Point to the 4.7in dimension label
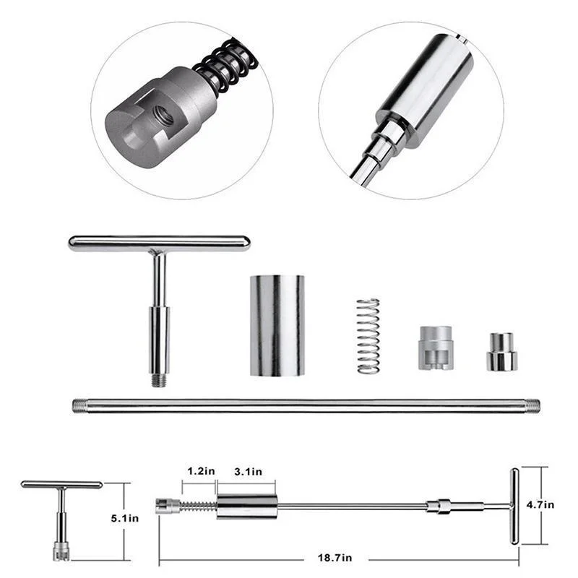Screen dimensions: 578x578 pyautogui.click(x=540, y=504)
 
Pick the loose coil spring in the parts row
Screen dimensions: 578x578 pyautogui.click(x=368, y=336)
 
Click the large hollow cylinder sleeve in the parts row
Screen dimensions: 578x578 pyautogui.click(x=277, y=325)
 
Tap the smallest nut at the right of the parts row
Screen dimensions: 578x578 pyautogui.click(x=501, y=352)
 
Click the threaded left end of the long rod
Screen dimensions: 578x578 pyautogui.click(x=79, y=405)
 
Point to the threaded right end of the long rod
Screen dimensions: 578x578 pyautogui.click(x=533, y=405)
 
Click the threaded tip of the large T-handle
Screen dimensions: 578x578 pyautogui.click(x=159, y=379)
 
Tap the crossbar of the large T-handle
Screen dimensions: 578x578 pyautogui.click(x=159, y=243)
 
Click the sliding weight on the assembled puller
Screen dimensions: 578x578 pyautogui.click(x=246, y=506)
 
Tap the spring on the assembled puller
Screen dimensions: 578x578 pyautogui.click(x=197, y=506)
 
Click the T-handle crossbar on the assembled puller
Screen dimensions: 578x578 pyautogui.click(x=514, y=506)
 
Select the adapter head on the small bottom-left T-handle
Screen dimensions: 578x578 pyautogui.click(x=61, y=551)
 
